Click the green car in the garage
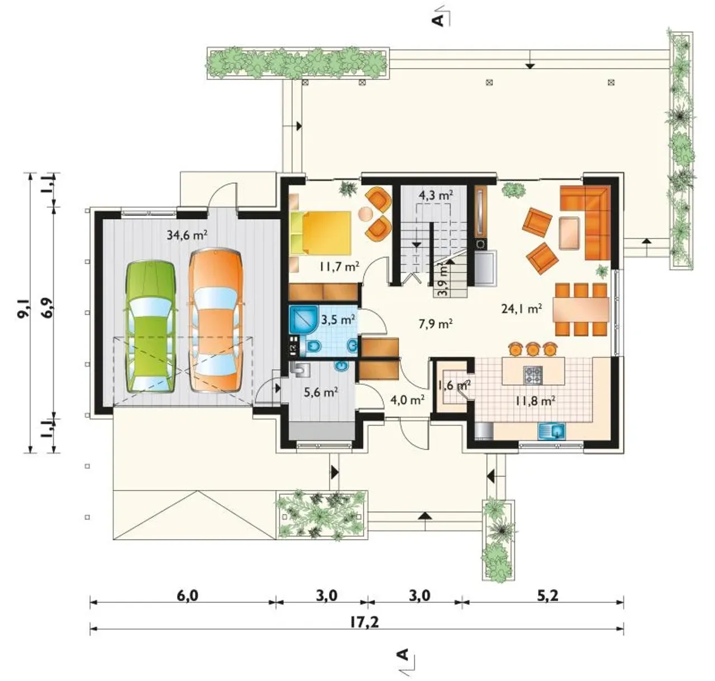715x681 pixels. coord(150,327)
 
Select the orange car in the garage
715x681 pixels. coord(216,320)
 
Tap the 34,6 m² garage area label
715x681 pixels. coord(187,235)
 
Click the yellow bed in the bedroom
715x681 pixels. coord(321,233)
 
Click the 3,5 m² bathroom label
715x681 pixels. coord(338,320)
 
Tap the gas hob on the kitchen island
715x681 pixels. coord(533,375)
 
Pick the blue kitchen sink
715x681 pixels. coord(551,431)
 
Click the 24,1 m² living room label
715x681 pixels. coord(522,309)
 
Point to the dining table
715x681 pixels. coord(581,309)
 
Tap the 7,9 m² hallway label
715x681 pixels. coord(435,323)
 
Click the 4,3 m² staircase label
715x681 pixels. coord(436,196)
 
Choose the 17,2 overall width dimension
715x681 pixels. coord(364,622)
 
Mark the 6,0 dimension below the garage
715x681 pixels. coord(187,596)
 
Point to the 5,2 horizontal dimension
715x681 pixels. coord(547,596)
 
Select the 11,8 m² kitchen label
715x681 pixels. coord(535,401)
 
